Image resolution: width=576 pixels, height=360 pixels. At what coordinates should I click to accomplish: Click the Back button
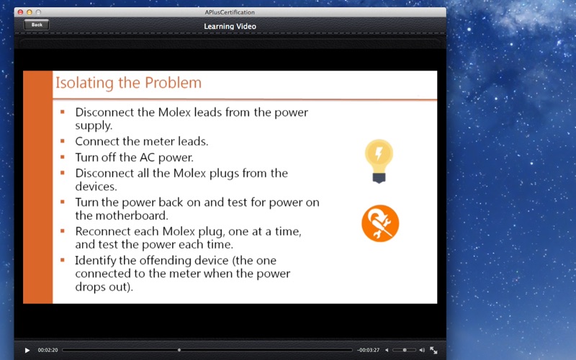tap(37, 24)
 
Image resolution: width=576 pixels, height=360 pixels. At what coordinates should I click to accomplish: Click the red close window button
tap(21, 12)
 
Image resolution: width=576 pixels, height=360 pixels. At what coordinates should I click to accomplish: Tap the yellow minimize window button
tap(30, 12)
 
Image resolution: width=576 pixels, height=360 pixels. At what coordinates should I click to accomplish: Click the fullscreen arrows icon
tap(433, 350)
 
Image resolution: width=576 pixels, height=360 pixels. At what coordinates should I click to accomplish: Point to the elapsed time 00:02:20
tap(48, 350)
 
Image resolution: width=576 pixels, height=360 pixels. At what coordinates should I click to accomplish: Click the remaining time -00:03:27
tap(368, 350)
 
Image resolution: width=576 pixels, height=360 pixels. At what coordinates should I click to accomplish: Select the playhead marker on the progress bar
tap(179, 350)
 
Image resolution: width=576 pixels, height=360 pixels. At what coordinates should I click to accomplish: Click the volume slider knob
tap(405, 350)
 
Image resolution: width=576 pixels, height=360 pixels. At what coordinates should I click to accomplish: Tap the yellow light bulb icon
tap(379, 161)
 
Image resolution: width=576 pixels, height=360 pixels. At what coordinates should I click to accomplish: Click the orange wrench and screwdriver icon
tap(380, 223)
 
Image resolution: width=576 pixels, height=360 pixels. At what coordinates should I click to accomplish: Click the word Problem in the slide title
tap(173, 83)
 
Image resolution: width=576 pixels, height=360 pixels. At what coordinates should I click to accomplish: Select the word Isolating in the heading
tap(84, 83)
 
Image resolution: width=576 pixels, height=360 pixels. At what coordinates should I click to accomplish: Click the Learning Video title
tap(230, 27)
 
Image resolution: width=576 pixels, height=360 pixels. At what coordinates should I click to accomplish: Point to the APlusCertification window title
tap(230, 12)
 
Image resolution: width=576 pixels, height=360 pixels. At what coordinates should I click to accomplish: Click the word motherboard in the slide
tap(122, 215)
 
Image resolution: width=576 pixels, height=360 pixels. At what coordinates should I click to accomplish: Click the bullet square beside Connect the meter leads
tap(63, 140)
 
